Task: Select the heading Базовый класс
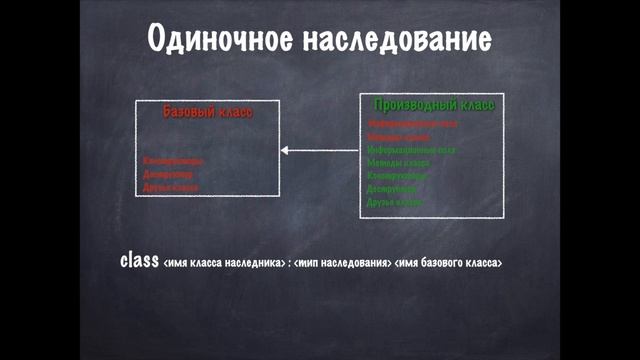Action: click(x=207, y=112)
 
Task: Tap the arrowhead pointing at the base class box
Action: click(x=286, y=150)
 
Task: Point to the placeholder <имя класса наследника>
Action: click(x=222, y=263)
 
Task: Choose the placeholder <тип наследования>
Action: click(x=341, y=263)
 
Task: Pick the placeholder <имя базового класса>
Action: click(x=449, y=263)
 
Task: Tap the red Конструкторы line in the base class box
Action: click(x=173, y=160)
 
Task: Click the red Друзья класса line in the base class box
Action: click(x=171, y=187)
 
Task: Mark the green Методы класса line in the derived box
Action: click(x=397, y=162)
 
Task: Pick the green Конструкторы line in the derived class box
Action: click(x=398, y=175)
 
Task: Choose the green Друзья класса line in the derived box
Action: click(x=396, y=201)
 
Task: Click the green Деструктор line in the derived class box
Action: click(x=393, y=188)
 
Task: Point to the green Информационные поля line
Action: click(x=411, y=149)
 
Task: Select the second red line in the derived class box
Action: click(x=397, y=136)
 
